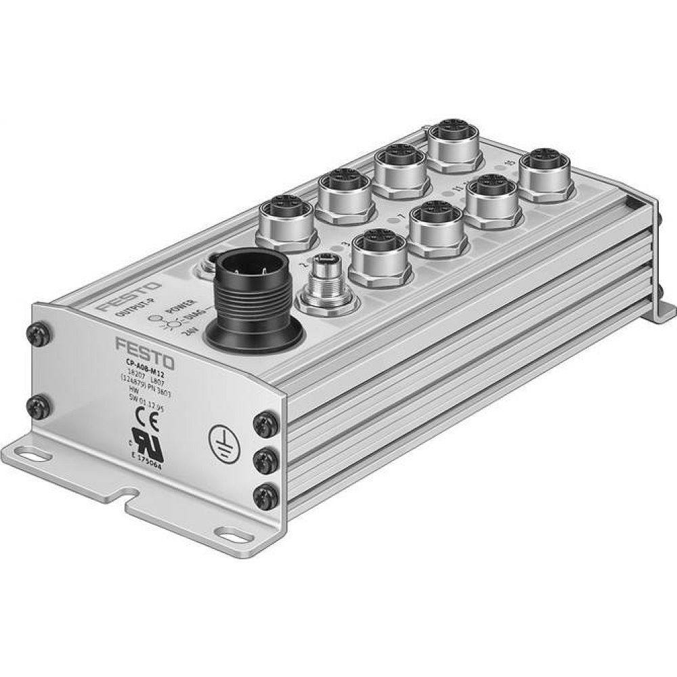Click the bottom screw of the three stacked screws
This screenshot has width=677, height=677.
(263, 496)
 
